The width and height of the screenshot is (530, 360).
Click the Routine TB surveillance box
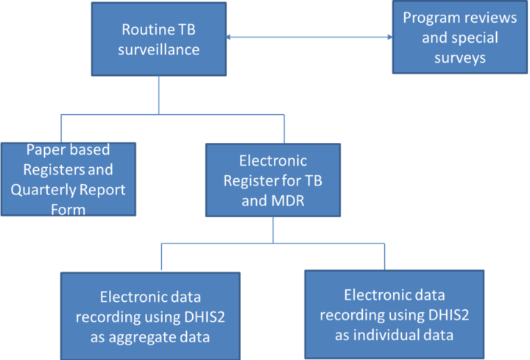point(159,39)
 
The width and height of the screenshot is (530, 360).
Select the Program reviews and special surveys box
point(459,37)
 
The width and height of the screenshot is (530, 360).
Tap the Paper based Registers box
point(68,179)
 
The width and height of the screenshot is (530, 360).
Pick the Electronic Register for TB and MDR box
point(273,180)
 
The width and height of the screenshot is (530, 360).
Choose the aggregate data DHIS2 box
point(150,316)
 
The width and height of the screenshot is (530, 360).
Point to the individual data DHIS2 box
point(395,314)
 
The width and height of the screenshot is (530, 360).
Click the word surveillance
point(159,49)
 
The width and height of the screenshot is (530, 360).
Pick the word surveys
point(460,58)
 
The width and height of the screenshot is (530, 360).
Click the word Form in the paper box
point(68,210)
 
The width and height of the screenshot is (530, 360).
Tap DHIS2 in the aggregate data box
point(205,317)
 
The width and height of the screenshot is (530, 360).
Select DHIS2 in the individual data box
point(449,315)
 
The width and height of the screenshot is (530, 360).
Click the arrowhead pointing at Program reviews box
point(390,37)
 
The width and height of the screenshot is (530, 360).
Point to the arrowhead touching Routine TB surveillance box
point(228,37)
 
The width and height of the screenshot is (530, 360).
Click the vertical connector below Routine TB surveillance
point(159,95)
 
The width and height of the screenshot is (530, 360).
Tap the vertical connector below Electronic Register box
point(273,230)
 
